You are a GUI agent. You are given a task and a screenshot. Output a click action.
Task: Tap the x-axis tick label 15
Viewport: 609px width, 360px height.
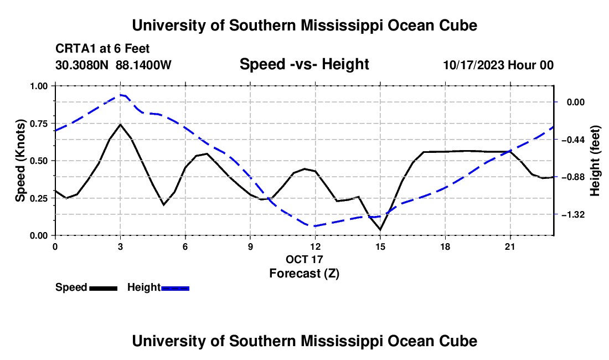(x=380, y=246)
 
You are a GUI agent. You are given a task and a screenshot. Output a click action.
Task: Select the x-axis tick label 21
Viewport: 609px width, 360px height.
(x=510, y=246)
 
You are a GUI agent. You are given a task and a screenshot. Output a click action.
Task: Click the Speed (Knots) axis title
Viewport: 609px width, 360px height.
(x=20, y=161)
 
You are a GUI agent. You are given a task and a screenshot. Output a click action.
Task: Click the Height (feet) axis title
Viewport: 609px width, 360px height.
(x=595, y=161)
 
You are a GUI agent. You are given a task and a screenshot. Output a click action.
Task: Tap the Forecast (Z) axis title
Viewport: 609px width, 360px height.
(x=304, y=274)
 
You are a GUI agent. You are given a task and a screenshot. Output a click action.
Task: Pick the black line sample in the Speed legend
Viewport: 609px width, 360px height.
(x=104, y=288)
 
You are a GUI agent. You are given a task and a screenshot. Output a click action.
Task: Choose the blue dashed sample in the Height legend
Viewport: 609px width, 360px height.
(x=175, y=288)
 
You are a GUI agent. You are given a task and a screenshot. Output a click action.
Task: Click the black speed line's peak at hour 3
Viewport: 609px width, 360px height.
(x=120, y=124)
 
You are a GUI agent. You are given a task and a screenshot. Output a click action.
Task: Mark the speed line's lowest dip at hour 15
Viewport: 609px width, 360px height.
(x=380, y=230)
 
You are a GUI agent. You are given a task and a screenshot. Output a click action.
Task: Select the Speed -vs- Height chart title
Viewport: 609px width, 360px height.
(x=304, y=64)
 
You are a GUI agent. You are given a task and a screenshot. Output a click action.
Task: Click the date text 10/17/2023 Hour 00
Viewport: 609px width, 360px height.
(x=499, y=65)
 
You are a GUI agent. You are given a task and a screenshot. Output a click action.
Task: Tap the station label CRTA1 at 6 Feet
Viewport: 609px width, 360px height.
(x=102, y=49)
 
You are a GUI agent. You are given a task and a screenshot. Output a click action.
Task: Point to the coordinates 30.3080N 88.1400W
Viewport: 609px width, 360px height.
(x=113, y=65)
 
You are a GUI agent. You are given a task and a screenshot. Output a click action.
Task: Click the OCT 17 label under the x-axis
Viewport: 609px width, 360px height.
(x=304, y=259)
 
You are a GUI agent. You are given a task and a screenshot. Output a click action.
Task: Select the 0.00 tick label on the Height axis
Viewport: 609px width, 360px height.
(x=576, y=102)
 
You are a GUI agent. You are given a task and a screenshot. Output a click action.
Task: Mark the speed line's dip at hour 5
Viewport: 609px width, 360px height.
(x=163, y=205)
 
